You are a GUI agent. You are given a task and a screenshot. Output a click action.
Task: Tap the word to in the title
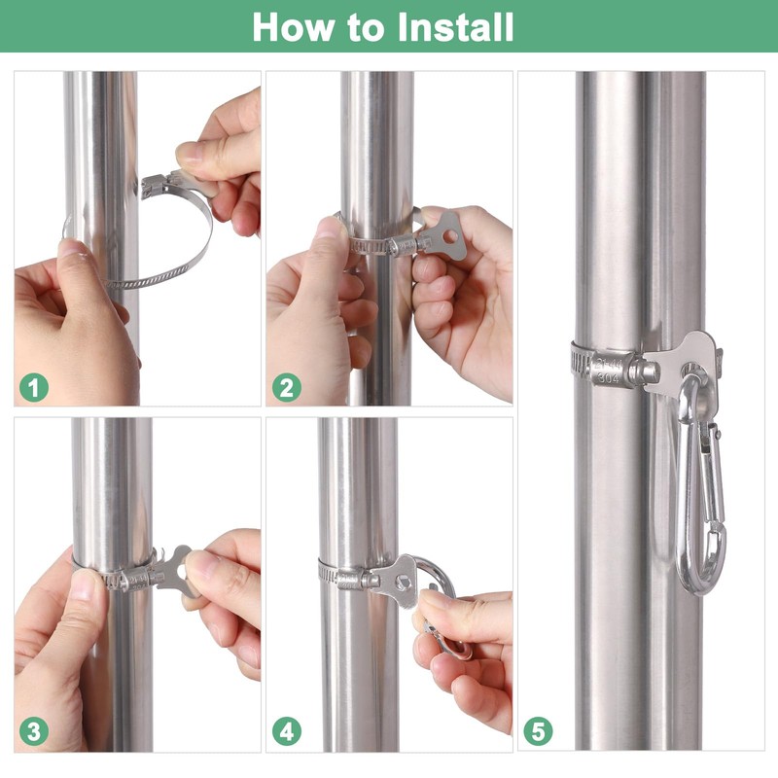click(366, 28)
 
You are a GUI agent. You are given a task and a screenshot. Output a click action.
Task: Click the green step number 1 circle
click(34, 387)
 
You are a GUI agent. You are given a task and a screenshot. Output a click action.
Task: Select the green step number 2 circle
click(286, 387)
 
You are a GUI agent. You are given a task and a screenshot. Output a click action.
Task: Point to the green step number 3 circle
click(34, 731)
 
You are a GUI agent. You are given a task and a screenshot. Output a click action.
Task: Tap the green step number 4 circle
click(286, 731)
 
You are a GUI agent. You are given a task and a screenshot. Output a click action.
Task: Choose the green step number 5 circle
click(538, 731)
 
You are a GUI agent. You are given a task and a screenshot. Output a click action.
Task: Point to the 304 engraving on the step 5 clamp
click(608, 378)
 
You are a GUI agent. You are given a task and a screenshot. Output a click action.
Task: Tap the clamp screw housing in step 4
click(354, 579)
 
